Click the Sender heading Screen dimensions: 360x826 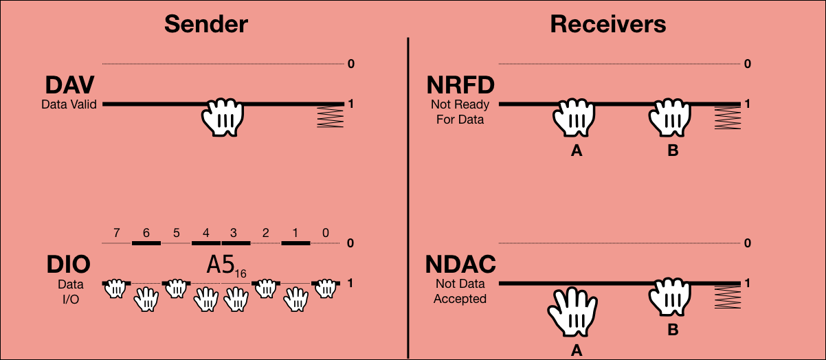coord(206,24)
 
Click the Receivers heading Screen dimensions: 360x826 coord(608,24)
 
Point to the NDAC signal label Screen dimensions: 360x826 coord(461,265)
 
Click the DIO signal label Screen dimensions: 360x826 coord(69,265)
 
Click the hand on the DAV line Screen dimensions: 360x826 coord(223,117)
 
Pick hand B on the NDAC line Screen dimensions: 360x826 coord(672,297)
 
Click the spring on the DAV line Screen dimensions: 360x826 coord(330,117)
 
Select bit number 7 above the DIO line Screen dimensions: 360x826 coord(117,232)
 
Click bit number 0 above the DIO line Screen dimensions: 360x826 coord(325,232)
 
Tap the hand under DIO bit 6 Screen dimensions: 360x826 coord(146,299)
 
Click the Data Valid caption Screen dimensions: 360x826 coord(69,104)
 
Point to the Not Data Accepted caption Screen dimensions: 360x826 coord(460,291)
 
